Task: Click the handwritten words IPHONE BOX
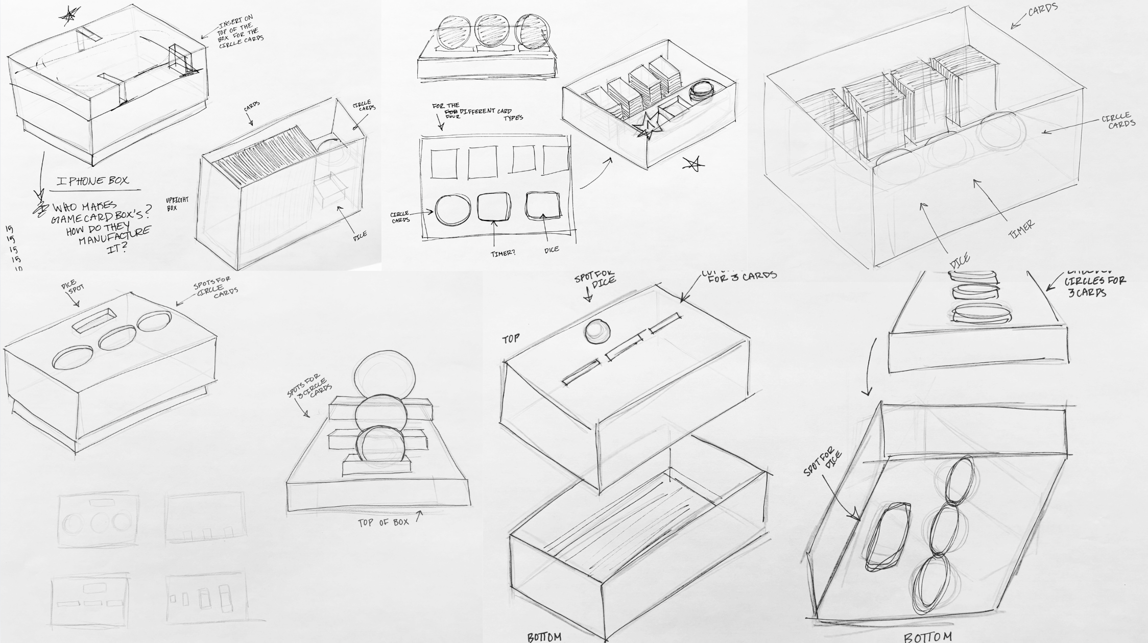pyautogui.click(x=93, y=181)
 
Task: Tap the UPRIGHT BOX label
pyautogui.click(x=177, y=204)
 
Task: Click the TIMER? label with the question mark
pyautogui.click(x=503, y=254)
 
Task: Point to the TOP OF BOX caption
pyautogui.click(x=383, y=522)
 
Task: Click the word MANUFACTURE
pyautogui.click(x=115, y=235)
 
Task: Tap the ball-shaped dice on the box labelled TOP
pyautogui.click(x=596, y=332)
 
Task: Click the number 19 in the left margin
pyautogui.click(x=10, y=229)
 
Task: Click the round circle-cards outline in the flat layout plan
pyautogui.click(x=452, y=210)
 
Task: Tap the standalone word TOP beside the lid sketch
pyautogui.click(x=512, y=339)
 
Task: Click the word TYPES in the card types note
pyautogui.click(x=513, y=118)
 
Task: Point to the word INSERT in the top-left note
pyautogui.click(x=230, y=24)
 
